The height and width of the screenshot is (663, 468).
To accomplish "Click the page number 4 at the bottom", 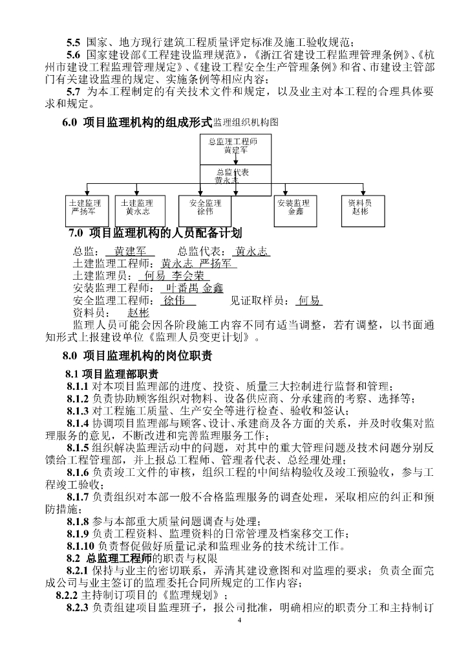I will click(239, 620).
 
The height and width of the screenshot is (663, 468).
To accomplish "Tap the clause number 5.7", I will click(74, 92).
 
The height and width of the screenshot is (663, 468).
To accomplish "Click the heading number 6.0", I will click(70, 122).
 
